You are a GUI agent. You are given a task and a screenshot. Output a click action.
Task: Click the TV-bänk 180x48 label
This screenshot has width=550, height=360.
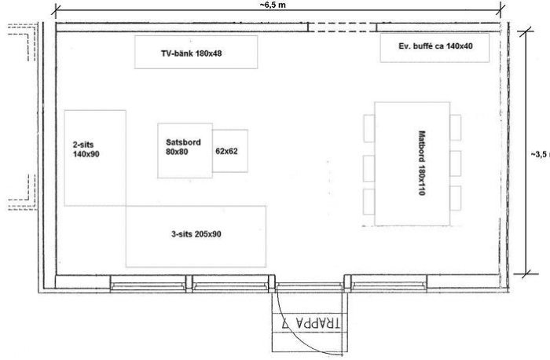[x=192, y=53]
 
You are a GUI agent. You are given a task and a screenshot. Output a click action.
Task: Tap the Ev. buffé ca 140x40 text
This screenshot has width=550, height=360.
[x=435, y=46]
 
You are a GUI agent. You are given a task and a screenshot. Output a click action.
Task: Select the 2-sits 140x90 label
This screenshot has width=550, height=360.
[x=86, y=149]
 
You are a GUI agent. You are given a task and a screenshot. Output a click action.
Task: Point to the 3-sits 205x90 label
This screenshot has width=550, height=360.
[x=196, y=234]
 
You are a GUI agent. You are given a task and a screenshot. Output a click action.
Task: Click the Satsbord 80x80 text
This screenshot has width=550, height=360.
[x=183, y=147]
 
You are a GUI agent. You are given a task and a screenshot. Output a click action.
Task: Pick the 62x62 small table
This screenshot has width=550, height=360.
[x=230, y=151]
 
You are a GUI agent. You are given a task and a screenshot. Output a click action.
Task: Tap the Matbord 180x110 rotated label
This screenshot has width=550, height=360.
[x=422, y=163]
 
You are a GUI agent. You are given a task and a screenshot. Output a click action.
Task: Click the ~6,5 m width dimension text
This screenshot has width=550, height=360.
[x=273, y=5]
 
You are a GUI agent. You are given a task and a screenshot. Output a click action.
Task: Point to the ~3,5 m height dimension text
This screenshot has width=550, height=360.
[x=541, y=154]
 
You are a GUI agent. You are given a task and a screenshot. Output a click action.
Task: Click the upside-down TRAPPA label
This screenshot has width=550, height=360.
[x=311, y=323]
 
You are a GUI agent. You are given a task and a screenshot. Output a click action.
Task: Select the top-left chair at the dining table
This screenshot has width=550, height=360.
[x=369, y=128]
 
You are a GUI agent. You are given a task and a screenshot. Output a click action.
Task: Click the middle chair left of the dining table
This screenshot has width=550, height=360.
[x=369, y=168]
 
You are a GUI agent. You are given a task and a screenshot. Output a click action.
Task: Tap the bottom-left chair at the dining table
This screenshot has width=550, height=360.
[x=369, y=201]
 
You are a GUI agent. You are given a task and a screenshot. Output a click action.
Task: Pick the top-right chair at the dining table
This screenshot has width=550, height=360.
[x=455, y=127]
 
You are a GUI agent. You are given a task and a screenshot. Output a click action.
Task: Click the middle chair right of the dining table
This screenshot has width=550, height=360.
[x=455, y=163]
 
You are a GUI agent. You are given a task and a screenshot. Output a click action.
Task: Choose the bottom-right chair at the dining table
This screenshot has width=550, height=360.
[x=455, y=198]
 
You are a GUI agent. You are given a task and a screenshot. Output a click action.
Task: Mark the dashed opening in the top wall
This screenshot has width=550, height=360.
[x=343, y=28]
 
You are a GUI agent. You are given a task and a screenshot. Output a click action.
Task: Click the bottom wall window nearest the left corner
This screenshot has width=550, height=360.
[x=148, y=284]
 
